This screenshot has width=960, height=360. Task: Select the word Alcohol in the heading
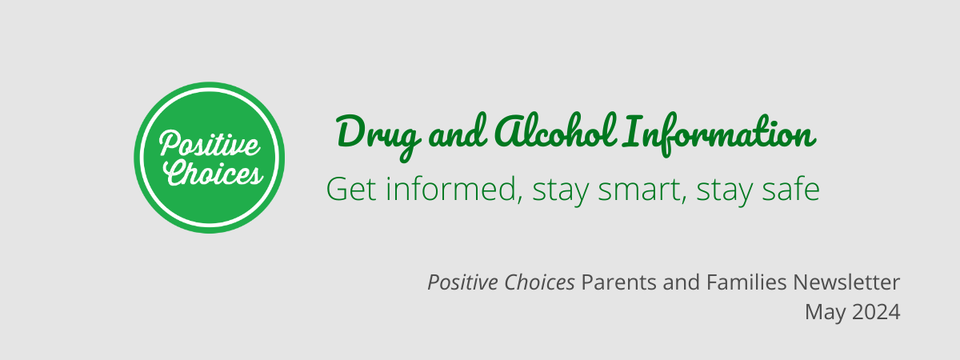pyautogui.click(x=556, y=130)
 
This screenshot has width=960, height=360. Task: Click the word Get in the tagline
pyautogui.click(x=351, y=189)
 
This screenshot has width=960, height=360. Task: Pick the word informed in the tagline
pyautogui.click(x=454, y=189)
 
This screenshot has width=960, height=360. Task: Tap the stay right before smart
pyautogui.click(x=561, y=191)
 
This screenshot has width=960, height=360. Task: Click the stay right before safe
pyautogui.click(x=725, y=191)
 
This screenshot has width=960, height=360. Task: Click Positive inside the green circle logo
pyautogui.click(x=209, y=143)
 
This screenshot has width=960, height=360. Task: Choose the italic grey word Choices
pyautogui.click(x=539, y=282)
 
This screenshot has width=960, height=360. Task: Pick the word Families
pyautogui.click(x=746, y=282)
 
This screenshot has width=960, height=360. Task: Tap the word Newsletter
pyautogui.click(x=846, y=282)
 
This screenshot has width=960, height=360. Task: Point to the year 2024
pyautogui.click(x=876, y=312)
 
